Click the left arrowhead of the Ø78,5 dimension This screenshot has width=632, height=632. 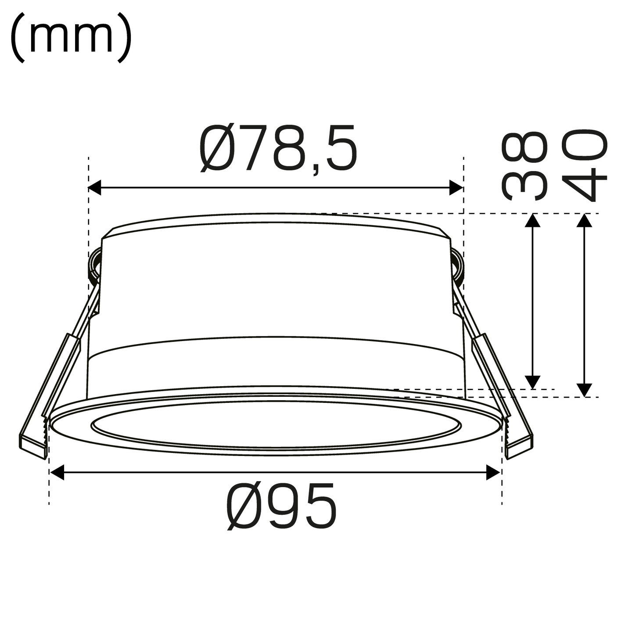pos(95,187)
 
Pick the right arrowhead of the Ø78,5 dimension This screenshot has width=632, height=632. pos(456,187)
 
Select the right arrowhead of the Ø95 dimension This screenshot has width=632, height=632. pos(493,473)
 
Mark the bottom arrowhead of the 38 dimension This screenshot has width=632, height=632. pos(533,382)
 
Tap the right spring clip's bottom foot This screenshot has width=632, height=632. pos(520,447)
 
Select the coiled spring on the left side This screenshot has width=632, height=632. pos(94,266)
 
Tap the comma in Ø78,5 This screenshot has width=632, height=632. pos(316,169)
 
